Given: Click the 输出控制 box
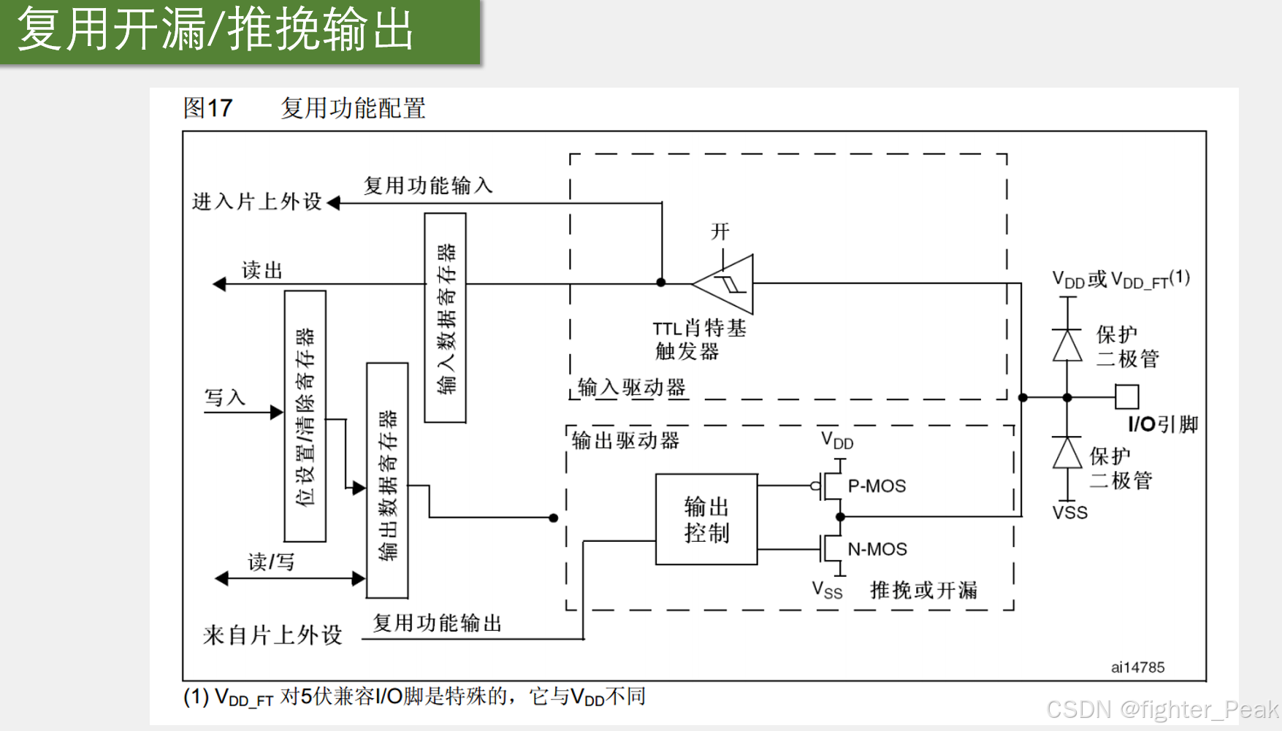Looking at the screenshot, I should coord(706,519).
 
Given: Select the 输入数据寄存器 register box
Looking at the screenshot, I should coord(446,318).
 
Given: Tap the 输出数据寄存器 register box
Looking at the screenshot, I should coord(387,481).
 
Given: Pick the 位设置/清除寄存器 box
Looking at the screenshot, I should coord(305,416).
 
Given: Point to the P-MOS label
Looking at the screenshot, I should coord(877,486).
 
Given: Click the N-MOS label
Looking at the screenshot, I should coord(877,549).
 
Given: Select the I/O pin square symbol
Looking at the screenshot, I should coord(1126,397).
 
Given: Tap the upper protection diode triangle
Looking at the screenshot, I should coord(1067,345).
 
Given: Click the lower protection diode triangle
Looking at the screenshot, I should coord(1067,453).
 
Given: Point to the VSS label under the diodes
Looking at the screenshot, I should coord(1070,513).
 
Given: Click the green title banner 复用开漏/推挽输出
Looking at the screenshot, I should coord(240,31).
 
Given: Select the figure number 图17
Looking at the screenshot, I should coord(207,108).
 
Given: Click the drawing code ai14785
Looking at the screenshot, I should coord(1137,667).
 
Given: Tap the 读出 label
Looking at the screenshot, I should coord(262,270).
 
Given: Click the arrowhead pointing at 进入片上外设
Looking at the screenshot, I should coord(334,203).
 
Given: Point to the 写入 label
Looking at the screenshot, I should coord(224,397).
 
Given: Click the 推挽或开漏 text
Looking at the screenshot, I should coord(923,590).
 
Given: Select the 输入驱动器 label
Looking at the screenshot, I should coord(632,387).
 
